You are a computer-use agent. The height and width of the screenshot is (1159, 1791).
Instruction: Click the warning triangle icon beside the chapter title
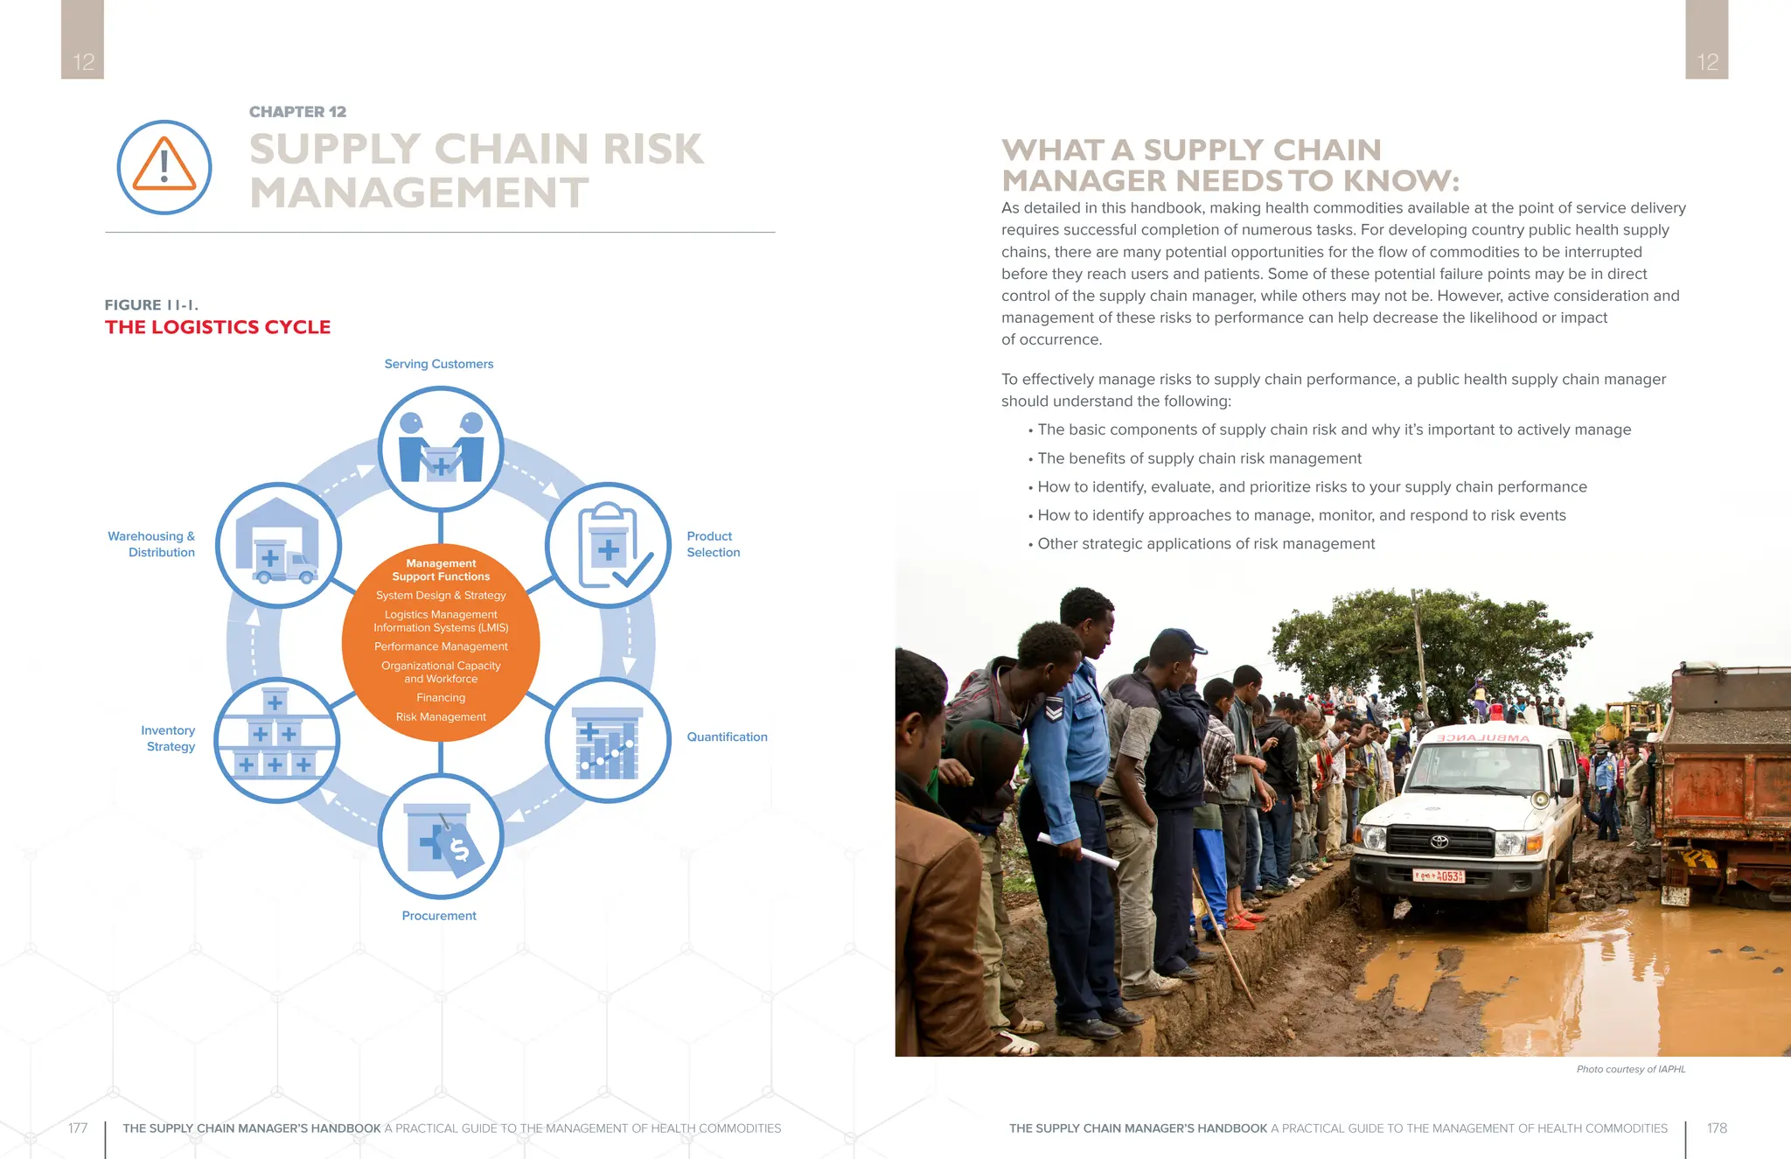coord(164,166)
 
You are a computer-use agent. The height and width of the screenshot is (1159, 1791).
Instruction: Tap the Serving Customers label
coord(439,364)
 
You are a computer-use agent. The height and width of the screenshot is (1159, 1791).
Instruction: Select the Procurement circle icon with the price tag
coord(441,837)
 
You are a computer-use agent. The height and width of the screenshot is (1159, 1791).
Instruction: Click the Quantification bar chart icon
coord(608,740)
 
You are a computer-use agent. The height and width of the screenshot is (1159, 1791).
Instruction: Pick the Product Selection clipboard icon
coord(608,546)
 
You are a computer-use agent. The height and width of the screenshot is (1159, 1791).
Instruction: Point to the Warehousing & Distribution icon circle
coord(278,546)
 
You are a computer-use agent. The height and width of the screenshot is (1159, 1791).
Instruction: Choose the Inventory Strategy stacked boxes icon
coord(276,740)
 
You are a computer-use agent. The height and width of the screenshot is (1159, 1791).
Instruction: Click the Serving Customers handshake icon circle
coord(441,449)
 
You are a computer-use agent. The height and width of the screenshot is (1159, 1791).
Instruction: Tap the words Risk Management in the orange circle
coord(441,717)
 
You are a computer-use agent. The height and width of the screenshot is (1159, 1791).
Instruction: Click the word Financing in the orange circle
coord(441,698)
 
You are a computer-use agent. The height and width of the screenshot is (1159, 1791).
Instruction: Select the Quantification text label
coord(727,737)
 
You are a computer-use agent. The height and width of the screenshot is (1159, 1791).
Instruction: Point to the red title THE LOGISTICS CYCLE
coord(218,327)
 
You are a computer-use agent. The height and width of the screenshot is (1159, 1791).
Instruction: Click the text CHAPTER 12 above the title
coord(297,112)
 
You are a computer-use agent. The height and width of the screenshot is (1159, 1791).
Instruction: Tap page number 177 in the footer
coord(78,1128)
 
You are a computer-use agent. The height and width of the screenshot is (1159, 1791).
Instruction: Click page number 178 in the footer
coord(1717,1128)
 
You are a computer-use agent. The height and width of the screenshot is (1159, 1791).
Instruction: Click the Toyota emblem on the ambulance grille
coord(1439,841)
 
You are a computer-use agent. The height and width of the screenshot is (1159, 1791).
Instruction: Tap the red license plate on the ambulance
coord(1439,876)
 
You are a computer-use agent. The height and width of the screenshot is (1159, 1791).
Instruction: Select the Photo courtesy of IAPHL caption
coord(1630,1069)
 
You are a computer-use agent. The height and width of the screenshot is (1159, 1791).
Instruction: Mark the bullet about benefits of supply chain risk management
coord(1199,458)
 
